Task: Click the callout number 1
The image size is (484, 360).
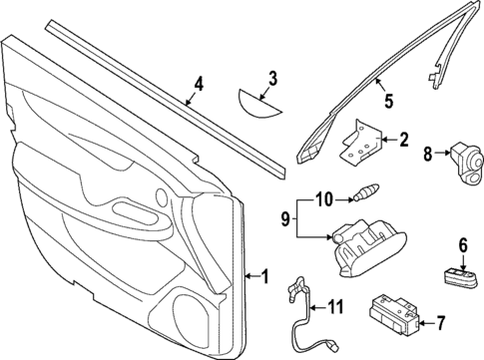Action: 264,277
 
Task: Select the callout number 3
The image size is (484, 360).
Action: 271,77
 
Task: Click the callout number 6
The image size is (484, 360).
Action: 463,244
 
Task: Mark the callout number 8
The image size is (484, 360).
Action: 428,155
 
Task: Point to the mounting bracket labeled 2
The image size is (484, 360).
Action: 359,141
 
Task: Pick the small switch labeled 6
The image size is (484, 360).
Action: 458,274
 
